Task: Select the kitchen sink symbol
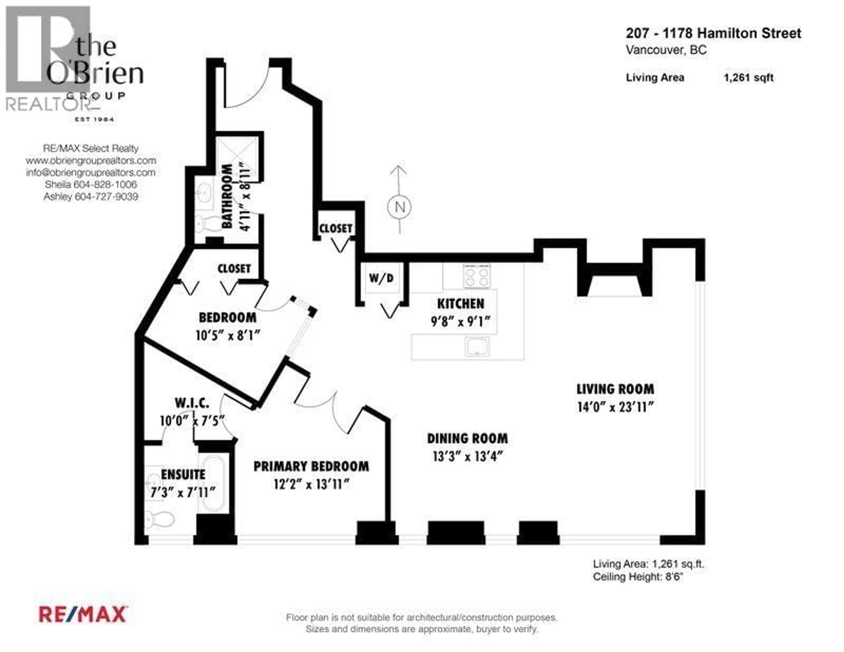tap(477, 346)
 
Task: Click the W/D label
tap(381, 278)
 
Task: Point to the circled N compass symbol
tap(399, 207)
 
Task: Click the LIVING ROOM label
tap(615, 389)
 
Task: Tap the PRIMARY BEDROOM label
tap(311, 466)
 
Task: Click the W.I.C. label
tap(192, 403)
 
